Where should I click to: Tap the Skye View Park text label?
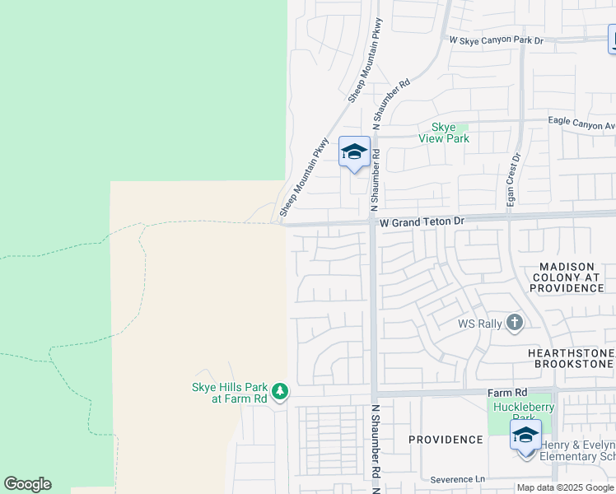tap(450, 133)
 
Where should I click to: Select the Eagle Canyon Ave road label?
tap(581, 122)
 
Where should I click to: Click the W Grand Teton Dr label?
tap(422, 221)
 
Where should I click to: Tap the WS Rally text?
tap(480, 324)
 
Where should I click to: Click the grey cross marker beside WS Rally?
tap(516, 322)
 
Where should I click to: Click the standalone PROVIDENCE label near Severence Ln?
tap(446, 440)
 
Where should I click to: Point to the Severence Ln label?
tap(458, 479)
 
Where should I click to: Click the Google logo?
tap(27, 484)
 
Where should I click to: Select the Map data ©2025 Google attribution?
tap(566, 487)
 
